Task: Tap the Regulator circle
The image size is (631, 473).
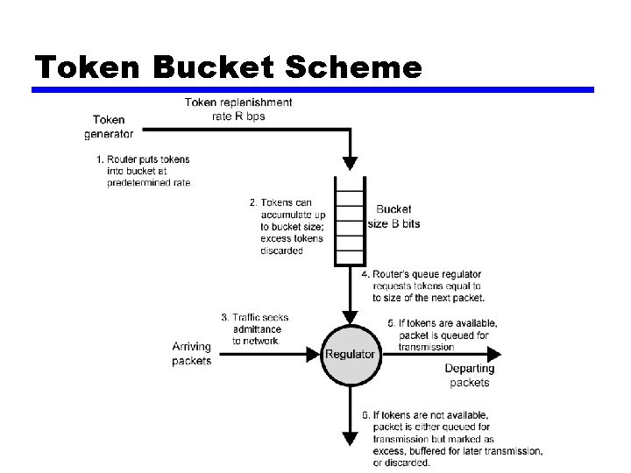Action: coord(351,355)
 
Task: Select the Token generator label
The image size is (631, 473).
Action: coord(109,126)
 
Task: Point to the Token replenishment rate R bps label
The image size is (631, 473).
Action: coord(238,109)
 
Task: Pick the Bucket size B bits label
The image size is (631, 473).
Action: coord(393,216)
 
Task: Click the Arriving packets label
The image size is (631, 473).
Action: coord(191,354)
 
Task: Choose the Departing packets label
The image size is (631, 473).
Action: coord(469,376)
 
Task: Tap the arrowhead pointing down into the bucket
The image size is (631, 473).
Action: coord(351,163)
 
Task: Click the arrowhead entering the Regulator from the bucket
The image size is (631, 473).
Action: coord(351,316)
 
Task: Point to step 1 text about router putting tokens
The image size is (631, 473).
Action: coord(143,171)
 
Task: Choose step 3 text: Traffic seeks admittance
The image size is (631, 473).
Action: coord(255,328)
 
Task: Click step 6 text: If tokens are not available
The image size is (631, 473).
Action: coord(450,439)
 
